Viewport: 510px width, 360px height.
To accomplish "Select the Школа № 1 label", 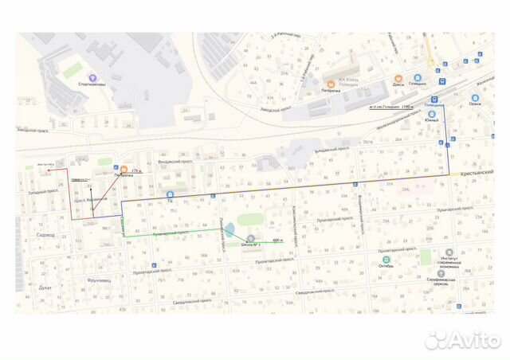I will (x=253, y=245).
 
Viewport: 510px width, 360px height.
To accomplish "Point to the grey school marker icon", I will (x=252, y=238).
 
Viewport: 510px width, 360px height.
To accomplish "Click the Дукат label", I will (x=45, y=286).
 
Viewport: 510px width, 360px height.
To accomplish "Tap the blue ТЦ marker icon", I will (x=170, y=194).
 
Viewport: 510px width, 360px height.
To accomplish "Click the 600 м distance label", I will (x=277, y=239).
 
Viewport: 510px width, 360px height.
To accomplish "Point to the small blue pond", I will (x=229, y=232).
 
